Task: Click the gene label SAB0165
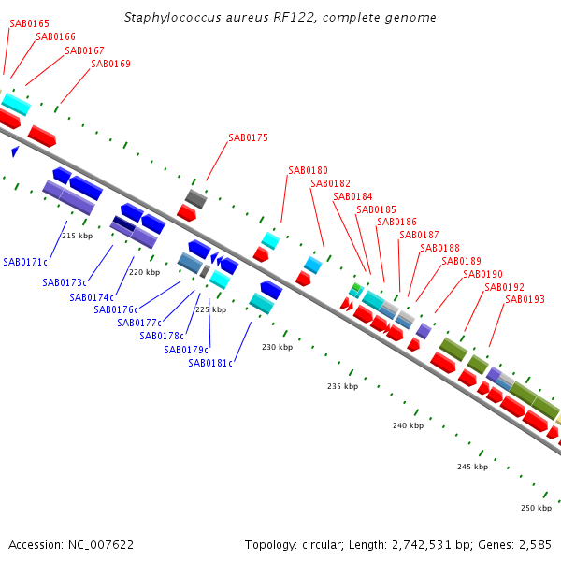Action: [30, 23]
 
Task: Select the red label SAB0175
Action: [248, 138]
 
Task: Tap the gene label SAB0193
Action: [525, 299]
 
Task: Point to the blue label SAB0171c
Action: [25, 262]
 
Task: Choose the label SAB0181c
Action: [209, 363]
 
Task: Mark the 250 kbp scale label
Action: [536, 508]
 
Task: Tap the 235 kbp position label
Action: [342, 386]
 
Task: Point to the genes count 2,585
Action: [532, 544]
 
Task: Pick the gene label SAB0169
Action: [110, 65]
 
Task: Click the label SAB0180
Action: [308, 171]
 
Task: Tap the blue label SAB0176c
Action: [115, 310]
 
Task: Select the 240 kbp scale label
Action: [408, 426]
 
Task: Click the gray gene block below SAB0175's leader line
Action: [195, 198]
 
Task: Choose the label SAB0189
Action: [461, 262]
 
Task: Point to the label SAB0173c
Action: [65, 282]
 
